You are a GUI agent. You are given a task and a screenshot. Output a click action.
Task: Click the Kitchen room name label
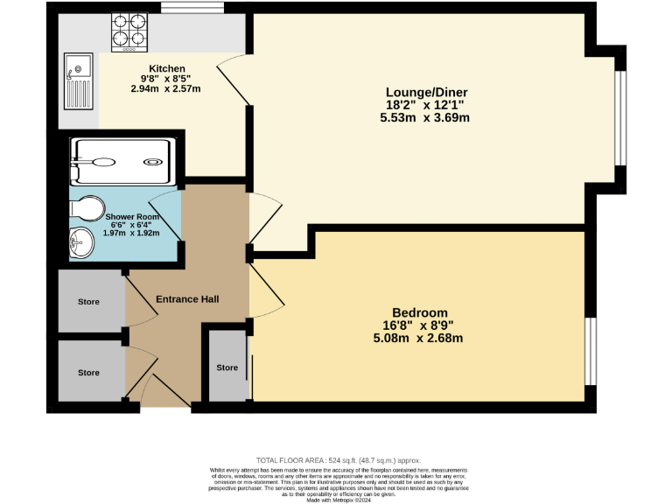click(x=166, y=68)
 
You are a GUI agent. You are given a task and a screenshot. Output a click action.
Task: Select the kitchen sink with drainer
click(x=78, y=78)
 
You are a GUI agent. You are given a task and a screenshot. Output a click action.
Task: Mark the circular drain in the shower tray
click(x=152, y=161)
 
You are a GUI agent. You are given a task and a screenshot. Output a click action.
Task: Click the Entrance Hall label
click(x=187, y=299)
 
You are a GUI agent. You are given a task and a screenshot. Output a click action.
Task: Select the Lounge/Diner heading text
click(x=428, y=92)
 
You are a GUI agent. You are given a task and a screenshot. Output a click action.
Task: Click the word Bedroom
click(x=419, y=312)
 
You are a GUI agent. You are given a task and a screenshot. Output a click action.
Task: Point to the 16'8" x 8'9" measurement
click(x=419, y=325)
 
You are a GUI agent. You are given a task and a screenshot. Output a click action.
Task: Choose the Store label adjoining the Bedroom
click(x=227, y=367)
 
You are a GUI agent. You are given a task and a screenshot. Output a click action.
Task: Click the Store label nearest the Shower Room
click(x=88, y=302)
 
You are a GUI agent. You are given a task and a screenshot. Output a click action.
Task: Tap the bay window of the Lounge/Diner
click(x=621, y=117)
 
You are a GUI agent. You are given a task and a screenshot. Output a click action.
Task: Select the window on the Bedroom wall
click(x=591, y=350)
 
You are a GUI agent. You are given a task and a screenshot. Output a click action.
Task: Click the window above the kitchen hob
click(x=192, y=8)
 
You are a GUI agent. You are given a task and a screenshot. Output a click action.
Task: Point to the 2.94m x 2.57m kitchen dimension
click(x=166, y=89)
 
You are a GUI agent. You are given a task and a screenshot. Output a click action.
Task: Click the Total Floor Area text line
click(x=338, y=460)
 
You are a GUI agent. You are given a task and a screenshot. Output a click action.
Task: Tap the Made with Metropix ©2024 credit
click(x=338, y=500)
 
